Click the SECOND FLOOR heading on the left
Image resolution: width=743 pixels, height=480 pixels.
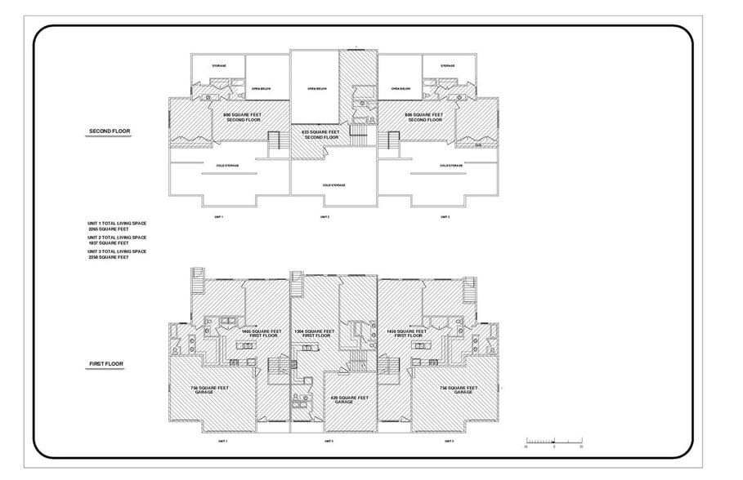coord(109,131)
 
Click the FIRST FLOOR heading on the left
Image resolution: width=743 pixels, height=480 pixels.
coord(105,364)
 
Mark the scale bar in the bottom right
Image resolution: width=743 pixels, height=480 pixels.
coord(553,441)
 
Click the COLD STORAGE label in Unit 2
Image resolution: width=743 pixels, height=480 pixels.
coord(333,185)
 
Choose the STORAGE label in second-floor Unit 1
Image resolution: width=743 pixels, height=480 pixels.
coord(218,65)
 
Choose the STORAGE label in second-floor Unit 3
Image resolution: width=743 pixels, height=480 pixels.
coord(447,65)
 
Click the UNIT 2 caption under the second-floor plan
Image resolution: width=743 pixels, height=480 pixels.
coord(325,217)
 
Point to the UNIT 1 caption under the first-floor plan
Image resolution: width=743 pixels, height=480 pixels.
coord(222,441)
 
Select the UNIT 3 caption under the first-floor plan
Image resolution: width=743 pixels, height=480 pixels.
coord(449,441)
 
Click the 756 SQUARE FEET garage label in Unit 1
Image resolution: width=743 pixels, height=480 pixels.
coord(209,389)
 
